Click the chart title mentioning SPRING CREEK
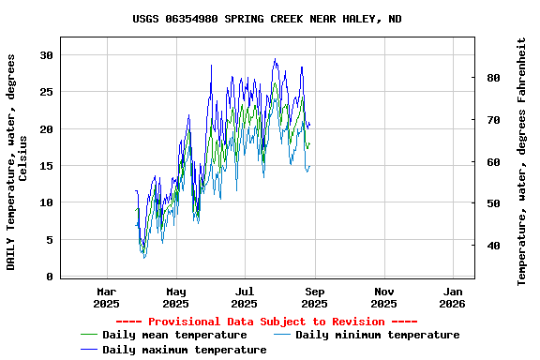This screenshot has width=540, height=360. (267, 19)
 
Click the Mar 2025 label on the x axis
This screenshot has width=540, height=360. (107, 297)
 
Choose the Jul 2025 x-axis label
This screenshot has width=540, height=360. (245, 297)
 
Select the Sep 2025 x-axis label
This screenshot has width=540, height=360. (314, 297)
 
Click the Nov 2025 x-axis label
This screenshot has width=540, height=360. (383, 297)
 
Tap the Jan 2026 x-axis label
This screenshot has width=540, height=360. (453, 297)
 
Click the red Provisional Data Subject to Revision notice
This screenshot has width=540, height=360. (266, 322)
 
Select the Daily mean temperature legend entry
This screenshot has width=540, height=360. (173, 335)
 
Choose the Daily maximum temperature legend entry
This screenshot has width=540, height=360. (184, 350)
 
